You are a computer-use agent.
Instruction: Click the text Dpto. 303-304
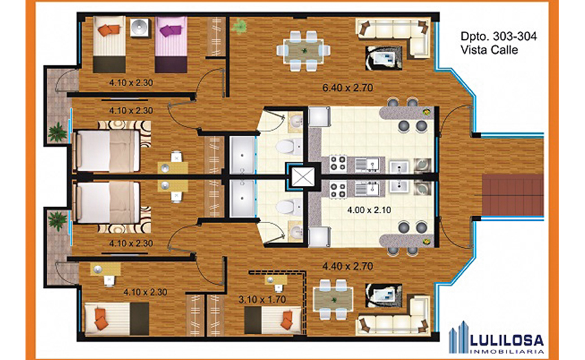click(x=499, y=36)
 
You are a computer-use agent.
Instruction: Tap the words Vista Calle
click(x=489, y=50)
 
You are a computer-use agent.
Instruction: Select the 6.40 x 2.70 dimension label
click(x=348, y=88)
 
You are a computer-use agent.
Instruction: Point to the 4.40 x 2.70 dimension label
click(x=348, y=266)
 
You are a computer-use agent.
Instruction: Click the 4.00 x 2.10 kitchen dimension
click(x=369, y=210)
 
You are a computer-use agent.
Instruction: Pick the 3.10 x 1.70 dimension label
click(x=262, y=299)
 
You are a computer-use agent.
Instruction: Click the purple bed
click(x=171, y=45)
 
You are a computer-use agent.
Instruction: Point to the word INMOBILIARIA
click(x=507, y=352)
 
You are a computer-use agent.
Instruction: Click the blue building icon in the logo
click(x=458, y=337)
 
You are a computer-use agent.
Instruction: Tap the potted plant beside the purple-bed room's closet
click(x=239, y=26)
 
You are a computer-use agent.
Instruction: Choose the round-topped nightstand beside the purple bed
click(x=139, y=28)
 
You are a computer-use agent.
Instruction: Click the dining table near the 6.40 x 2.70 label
click(x=304, y=50)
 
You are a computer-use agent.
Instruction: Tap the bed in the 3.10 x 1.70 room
click(x=273, y=321)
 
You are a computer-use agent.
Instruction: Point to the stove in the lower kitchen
click(x=339, y=189)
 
